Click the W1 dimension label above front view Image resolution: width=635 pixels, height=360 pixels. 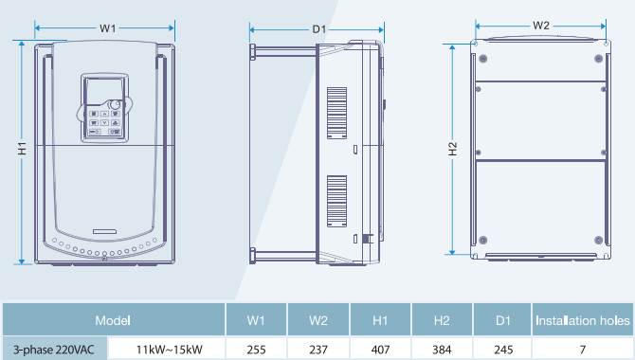pyautogui.click(x=108, y=28)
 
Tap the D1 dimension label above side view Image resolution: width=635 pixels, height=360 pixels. pyautogui.click(x=319, y=29)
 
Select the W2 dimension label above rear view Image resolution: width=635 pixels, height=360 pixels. pyautogui.click(x=541, y=26)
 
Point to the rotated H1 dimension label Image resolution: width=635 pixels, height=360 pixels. pyautogui.click(x=23, y=148)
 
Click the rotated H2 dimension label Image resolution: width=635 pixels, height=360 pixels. pyautogui.click(x=453, y=149)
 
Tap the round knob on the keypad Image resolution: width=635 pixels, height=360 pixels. pyautogui.click(x=115, y=104)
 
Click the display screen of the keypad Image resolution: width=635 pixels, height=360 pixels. pyautogui.click(x=104, y=92)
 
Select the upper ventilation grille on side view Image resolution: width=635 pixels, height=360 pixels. pyautogui.click(x=337, y=113)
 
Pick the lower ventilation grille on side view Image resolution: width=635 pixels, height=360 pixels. pyautogui.click(x=337, y=201)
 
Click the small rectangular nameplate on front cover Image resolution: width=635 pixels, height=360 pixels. pyautogui.click(x=104, y=231)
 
